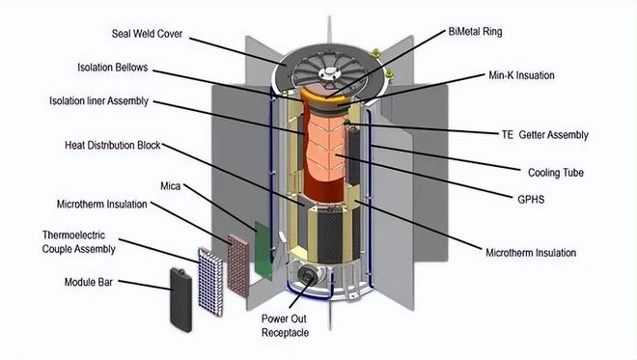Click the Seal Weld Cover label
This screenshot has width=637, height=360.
click(x=147, y=34)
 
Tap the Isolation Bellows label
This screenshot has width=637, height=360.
click(x=113, y=68)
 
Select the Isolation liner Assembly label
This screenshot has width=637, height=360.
click(x=98, y=100)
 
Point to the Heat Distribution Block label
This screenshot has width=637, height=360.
click(x=113, y=145)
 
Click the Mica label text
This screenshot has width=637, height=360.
click(x=170, y=186)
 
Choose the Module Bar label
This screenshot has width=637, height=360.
click(x=88, y=282)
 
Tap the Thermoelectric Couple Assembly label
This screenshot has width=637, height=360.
click(x=79, y=242)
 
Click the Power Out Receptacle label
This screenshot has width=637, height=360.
click(x=285, y=326)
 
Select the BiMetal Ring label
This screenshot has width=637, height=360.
click(x=475, y=32)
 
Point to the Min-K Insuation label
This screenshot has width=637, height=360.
click(x=521, y=75)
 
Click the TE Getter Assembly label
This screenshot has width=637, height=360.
click(x=544, y=135)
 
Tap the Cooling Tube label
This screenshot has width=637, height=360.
click(x=555, y=173)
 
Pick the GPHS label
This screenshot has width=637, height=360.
click(x=531, y=200)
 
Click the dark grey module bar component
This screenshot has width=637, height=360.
click(x=181, y=300)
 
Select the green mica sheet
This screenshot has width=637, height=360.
click(x=263, y=250)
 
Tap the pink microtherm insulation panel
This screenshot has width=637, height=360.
click(x=238, y=264)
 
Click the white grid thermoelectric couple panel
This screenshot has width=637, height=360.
click(x=210, y=282)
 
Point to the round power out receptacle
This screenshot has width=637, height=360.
click(x=307, y=275)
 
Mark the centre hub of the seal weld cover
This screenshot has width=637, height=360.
click(x=329, y=72)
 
